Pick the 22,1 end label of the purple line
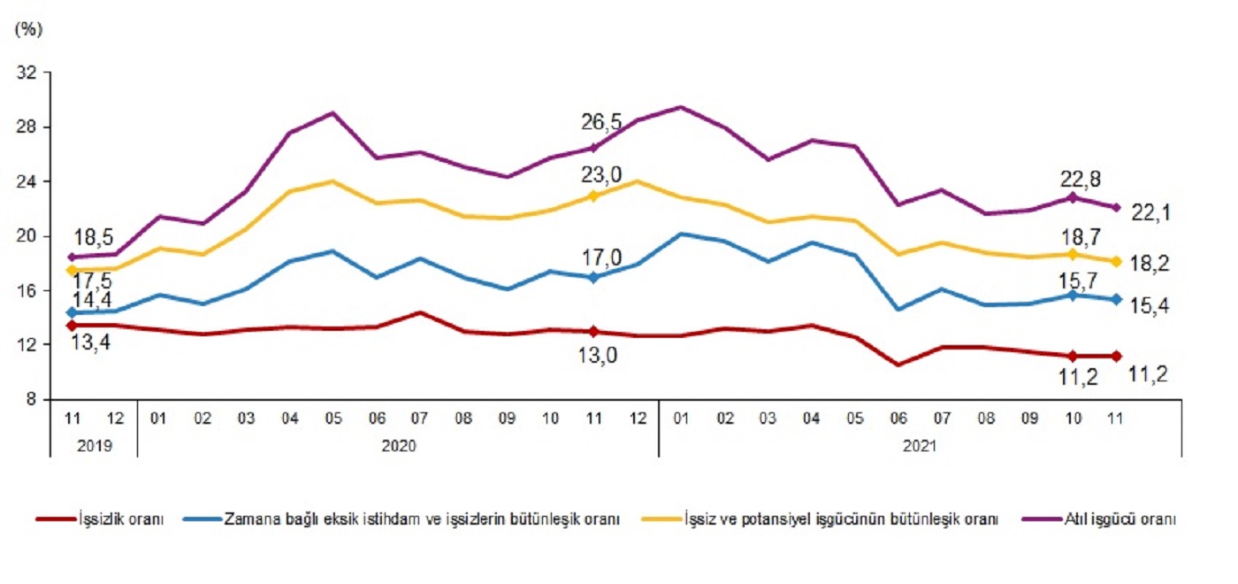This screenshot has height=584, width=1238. [1150, 212]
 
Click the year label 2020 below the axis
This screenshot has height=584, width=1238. [398, 447]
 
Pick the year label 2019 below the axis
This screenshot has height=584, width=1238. [94, 447]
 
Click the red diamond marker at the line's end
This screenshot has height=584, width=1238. [1116, 356]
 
